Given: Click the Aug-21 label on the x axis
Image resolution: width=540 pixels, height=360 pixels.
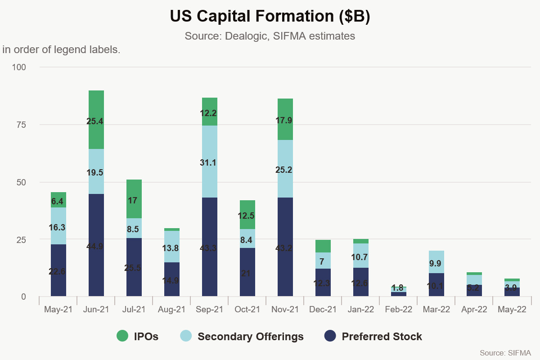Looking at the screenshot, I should pyautogui.click(x=171, y=310).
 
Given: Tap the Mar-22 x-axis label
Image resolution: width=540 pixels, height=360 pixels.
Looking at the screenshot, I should pyautogui.click(x=436, y=310).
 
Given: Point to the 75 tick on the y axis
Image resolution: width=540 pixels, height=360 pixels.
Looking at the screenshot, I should pyautogui.click(x=21, y=125).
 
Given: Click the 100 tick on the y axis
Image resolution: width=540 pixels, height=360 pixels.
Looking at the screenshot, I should pyautogui.click(x=19, y=67).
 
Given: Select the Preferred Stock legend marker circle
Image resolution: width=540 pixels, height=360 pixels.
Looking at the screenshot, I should pyautogui.click(x=331, y=336).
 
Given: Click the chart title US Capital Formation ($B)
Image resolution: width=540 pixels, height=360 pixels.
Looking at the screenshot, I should pyautogui.click(x=270, y=16).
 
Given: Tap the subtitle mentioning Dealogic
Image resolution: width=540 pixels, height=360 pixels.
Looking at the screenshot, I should pyautogui.click(x=270, y=36).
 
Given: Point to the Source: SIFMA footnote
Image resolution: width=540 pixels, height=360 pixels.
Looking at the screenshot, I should pyautogui.click(x=505, y=352).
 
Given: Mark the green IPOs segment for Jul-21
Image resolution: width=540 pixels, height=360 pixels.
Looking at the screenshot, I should pyautogui.click(x=134, y=199).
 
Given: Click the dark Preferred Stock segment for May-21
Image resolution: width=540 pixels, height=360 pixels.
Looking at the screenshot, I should pyautogui.click(x=58, y=270).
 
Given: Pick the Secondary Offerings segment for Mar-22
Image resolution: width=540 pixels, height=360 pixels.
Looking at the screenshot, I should pyautogui.click(x=436, y=262).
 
